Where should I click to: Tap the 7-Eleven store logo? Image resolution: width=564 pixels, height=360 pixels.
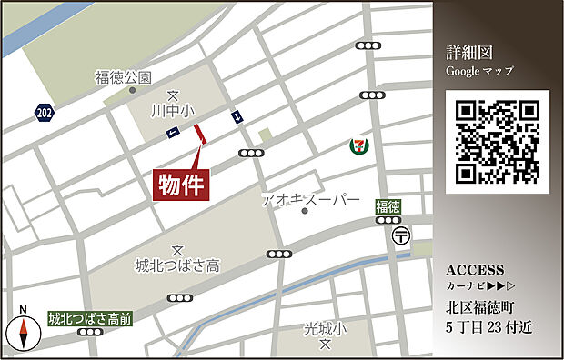(x=360, y=145)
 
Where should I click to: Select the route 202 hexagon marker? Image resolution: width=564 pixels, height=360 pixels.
(x=44, y=113)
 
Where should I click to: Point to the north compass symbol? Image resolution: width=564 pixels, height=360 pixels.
(x=24, y=332)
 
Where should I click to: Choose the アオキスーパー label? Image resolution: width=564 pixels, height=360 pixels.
(x=310, y=199)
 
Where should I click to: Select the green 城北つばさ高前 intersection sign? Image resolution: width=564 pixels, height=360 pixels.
(x=90, y=318)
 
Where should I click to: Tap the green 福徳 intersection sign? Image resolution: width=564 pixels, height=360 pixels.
(x=388, y=208)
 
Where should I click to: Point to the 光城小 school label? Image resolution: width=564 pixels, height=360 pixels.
(x=325, y=328)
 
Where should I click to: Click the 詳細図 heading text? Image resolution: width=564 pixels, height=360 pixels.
(x=468, y=52)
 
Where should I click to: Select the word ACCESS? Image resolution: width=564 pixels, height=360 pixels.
(x=475, y=270)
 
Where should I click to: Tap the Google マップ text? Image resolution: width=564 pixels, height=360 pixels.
(x=479, y=70)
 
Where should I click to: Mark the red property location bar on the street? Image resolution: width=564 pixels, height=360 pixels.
(x=201, y=134)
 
